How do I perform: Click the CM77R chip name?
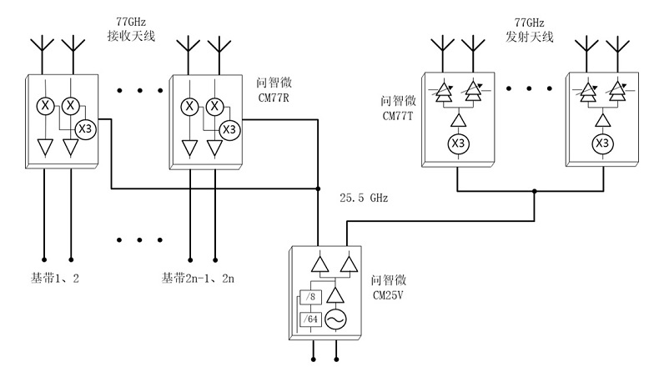(274, 93)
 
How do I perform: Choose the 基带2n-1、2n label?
(198, 278)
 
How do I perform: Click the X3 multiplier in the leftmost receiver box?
(85, 128)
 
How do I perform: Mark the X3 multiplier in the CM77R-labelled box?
(229, 128)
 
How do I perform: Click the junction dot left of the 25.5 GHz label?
(319, 190)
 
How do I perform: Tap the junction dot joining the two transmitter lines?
(535, 190)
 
